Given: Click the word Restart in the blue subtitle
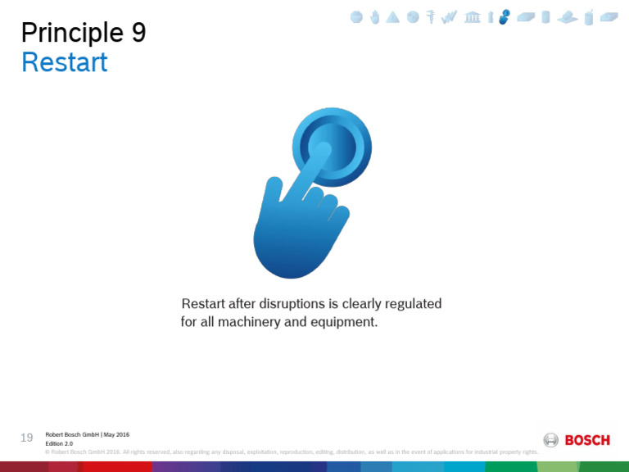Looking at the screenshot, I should point(64,62).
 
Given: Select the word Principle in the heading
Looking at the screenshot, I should point(71,33).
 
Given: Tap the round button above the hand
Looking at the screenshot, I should point(332,147).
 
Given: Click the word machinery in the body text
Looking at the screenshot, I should point(245,322).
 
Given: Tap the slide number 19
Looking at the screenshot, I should point(26,438).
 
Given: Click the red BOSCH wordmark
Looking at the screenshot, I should point(587,440).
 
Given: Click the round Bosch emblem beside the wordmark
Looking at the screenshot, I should point(551,440).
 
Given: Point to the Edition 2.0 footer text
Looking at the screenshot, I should point(59,443).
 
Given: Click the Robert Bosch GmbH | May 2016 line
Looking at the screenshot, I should point(87,434).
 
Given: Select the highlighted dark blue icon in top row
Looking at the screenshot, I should point(505,16).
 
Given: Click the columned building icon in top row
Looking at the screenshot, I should point(473,16).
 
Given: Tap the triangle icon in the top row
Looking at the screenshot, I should point(393,17).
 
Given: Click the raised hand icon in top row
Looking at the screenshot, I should point(375,16).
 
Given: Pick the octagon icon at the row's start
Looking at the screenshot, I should point(356,16).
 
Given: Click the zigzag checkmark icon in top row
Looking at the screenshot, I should point(449,16).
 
